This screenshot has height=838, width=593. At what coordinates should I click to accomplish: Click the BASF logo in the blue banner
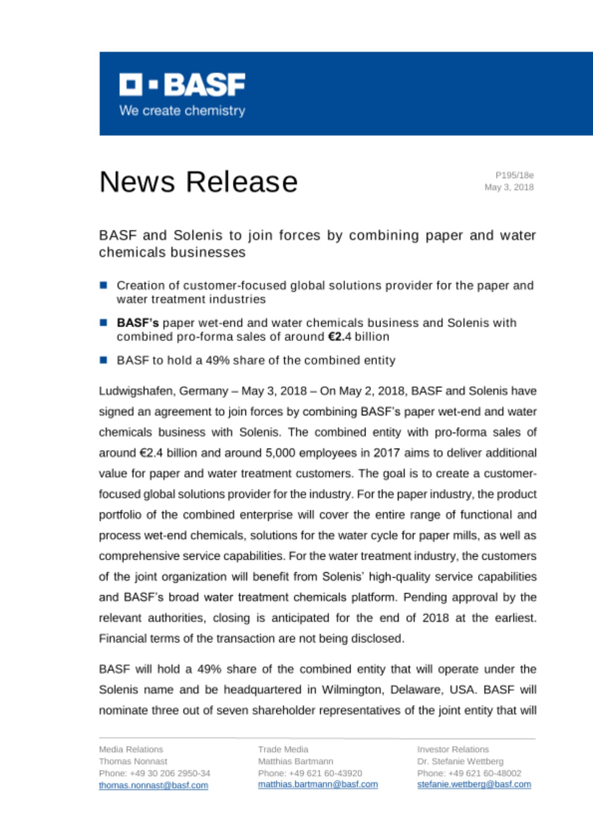coord(182,85)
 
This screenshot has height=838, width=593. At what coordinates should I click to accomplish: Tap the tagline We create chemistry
coord(182,111)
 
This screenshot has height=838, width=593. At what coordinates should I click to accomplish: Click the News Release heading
coord(198,182)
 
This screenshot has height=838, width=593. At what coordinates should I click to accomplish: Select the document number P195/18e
coord(514,175)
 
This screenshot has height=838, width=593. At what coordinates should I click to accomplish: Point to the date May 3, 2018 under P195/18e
coord(509,187)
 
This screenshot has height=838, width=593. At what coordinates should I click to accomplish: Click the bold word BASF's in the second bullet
coord(138,323)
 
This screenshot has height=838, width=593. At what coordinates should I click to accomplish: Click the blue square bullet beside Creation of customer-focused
coord(104,285)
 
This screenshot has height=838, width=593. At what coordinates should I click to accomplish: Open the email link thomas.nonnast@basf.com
coord(153,785)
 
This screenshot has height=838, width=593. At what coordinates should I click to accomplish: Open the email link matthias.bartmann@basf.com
coord(317,784)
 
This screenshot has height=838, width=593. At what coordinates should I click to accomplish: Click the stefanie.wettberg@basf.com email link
coord(474,784)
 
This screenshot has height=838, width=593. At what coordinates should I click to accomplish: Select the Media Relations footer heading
coord(131,749)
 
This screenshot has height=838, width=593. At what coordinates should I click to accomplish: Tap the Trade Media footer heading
coord(283,749)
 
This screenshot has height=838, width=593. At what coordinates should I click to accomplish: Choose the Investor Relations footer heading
coord(453,749)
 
